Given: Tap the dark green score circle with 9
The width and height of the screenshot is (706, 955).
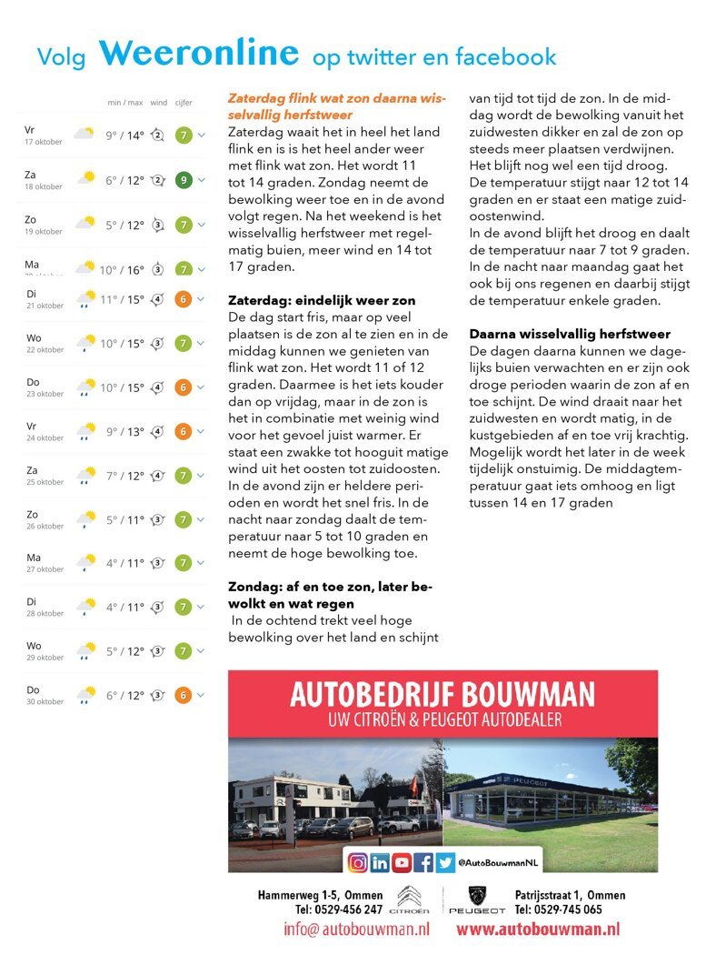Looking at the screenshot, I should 183,180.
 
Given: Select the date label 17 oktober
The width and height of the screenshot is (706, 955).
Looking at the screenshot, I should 43,142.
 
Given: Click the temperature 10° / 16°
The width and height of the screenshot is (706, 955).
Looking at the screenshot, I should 122,269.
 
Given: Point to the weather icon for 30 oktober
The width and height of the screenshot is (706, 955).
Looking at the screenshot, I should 85,695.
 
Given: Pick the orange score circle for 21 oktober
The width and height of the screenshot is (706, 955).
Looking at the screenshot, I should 183,298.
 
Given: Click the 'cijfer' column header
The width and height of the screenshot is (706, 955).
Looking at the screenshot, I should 184,103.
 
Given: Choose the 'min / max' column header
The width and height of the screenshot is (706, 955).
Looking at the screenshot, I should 124,103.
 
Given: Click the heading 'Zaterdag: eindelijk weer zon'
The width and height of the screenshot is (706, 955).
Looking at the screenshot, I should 321,300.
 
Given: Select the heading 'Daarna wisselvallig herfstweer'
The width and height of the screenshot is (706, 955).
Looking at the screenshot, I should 570,334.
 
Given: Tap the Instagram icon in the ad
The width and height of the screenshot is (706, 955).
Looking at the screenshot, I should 358,862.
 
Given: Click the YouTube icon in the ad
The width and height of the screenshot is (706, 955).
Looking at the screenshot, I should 402,862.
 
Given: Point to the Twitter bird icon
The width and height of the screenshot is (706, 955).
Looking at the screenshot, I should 445,862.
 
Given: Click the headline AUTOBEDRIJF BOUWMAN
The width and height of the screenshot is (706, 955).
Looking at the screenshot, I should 442,696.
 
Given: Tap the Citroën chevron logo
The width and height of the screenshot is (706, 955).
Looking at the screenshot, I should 409,895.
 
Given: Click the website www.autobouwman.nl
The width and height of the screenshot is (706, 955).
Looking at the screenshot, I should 538,930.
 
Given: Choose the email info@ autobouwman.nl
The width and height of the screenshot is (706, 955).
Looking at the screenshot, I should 356,930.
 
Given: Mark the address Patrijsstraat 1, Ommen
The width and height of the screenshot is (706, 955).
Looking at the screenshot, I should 570,895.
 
